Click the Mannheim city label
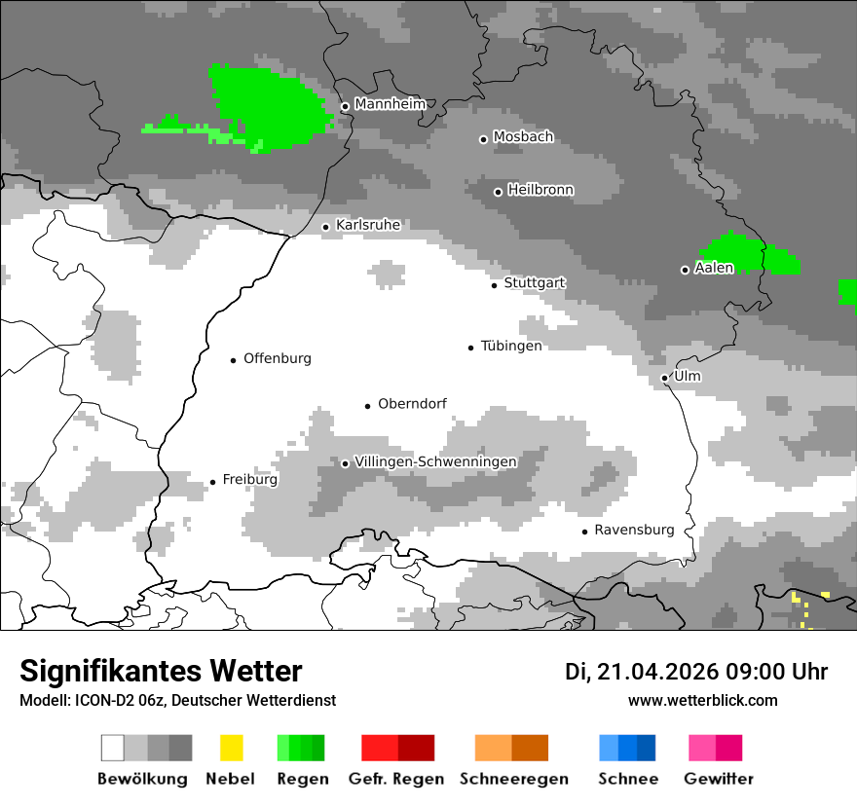pyautogui.click(x=390, y=104)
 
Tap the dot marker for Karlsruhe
pyautogui.click(x=326, y=227)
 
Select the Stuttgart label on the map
pyautogui.click(x=535, y=283)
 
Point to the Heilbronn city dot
pyautogui.click(x=498, y=192)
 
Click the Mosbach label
pyautogui.click(x=523, y=137)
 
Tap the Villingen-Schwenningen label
pyautogui.click(x=435, y=461)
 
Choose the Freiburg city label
pyautogui.click(x=249, y=480)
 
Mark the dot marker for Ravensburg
pyautogui.click(x=584, y=532)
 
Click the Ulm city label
pyautogui.click(x=688, y=377)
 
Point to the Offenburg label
pyautogui.click(x=278, y=358)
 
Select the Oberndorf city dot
pyautogui.click(x=367, y=405)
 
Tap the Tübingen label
pyautogui.click(x=511, y=347)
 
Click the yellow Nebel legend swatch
pyautogui.click(x=231, y=748)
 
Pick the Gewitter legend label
pyautogui.click(x=719, y=779)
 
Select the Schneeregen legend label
pyautogui.click(x=513, y=779)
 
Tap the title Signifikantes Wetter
pyautogui.click(x=161, y=671)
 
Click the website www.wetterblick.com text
pyautogui.click(x=702, y=701)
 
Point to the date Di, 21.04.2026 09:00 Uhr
pyautogui.click(x=696, y=672)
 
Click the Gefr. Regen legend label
pyautogui.click(x=396, y=779)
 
